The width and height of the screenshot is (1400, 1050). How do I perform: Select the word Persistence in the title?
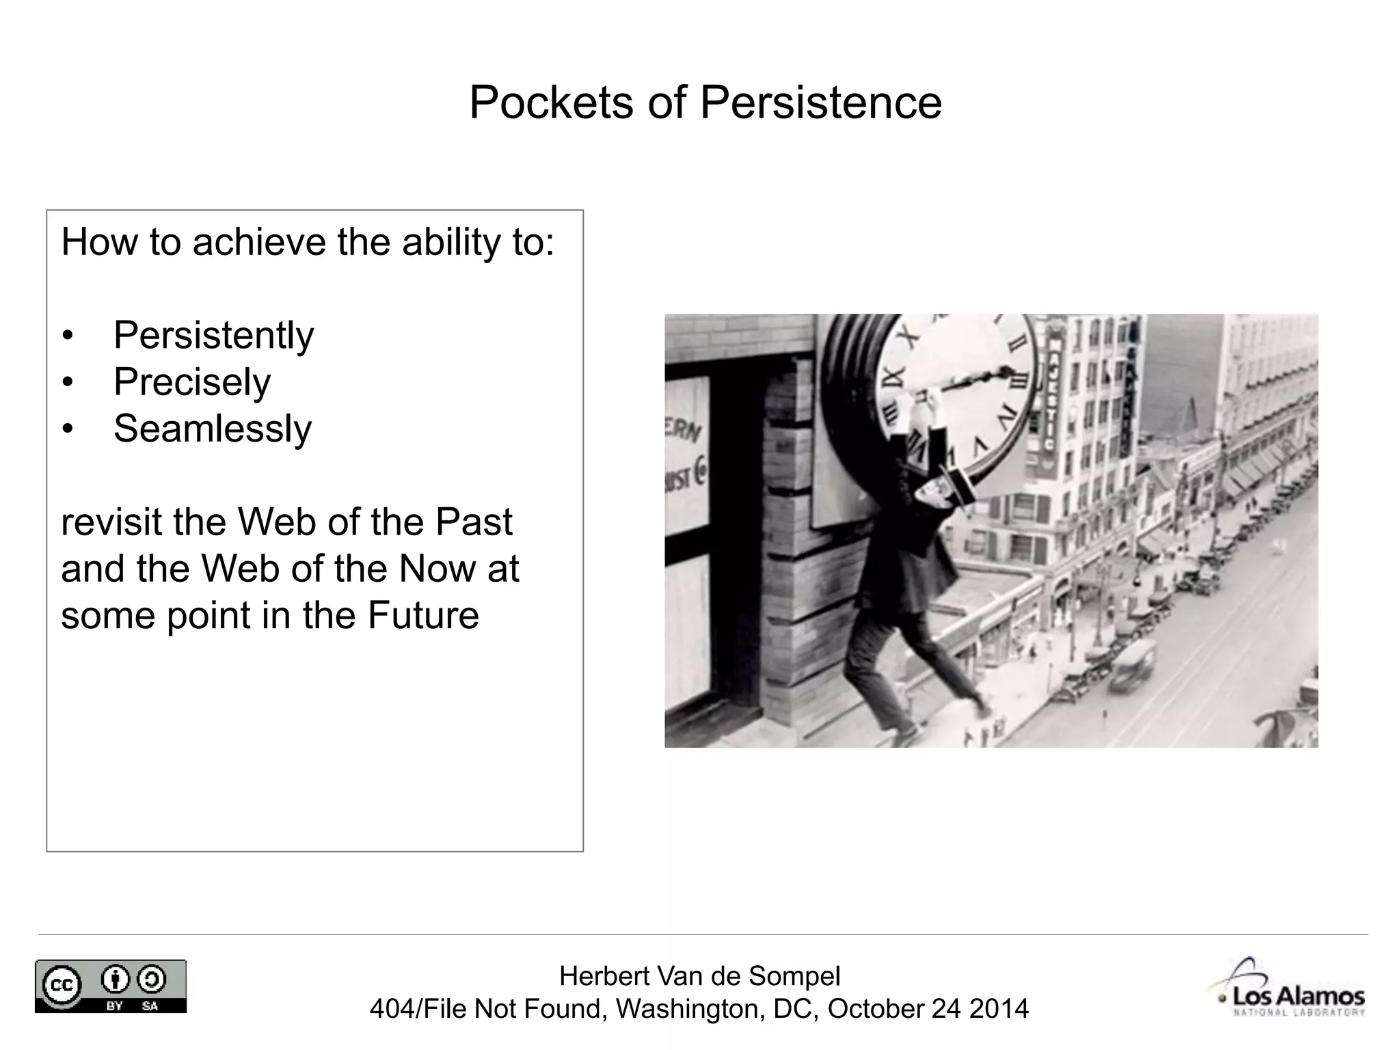tap(820, 103)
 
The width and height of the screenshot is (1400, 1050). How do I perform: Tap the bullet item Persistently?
tap(213, 335)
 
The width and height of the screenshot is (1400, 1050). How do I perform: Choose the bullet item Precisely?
tap(192, 381)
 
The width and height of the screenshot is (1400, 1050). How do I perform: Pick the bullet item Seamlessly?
tap(212, 429)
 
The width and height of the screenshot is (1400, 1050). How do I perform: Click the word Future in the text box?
tap(423, 615)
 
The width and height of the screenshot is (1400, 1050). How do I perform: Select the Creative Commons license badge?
tap(111, 986)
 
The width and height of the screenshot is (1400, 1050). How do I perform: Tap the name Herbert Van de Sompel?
tap(699, 976)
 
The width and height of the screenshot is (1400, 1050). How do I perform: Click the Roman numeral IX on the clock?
tap(893, 375)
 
